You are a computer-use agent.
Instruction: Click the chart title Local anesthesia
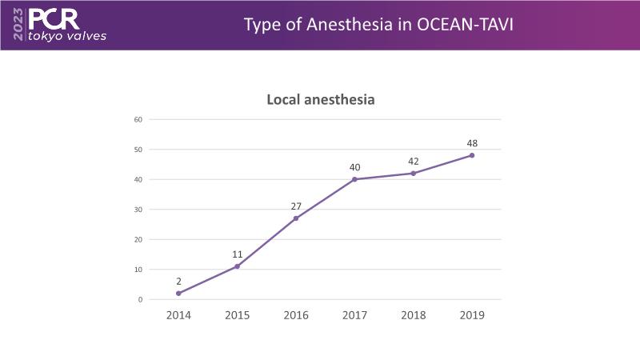(x=320, y=100)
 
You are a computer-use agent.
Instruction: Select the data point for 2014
(x=178, y=294)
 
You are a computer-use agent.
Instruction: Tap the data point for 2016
(x=296, y=218)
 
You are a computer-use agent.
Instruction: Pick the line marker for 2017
(x=354, y=179)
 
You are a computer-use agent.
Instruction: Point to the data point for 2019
(x=472, y=155)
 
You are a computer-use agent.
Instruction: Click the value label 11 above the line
(x=238, y=254)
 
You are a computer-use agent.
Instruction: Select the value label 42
(x=414, y=161)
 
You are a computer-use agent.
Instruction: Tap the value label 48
(x=472, y=143)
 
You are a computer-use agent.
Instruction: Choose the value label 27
(x=296, y=206)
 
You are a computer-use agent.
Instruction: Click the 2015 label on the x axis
(x=238, y=315)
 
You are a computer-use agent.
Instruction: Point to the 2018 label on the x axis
(x=414, y=315)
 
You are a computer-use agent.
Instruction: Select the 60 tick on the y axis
(x=138, y=119)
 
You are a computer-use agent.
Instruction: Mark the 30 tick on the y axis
(x=138, y=210)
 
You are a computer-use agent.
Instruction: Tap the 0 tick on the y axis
(x=140, y=299)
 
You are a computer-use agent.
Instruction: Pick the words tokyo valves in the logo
(x=66, y=36)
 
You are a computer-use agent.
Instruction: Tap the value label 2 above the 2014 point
(x=178, y=282)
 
